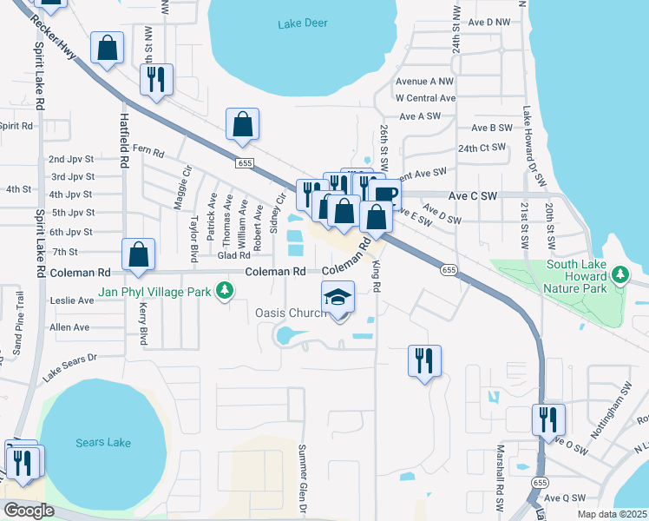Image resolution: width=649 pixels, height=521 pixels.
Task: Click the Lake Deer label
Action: tap(303, 23)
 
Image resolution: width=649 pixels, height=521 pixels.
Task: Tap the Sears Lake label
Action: tap(103, 443)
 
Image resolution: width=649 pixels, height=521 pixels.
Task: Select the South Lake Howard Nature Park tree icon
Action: tap(619, 275)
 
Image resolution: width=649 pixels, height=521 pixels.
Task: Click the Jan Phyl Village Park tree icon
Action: tap(225, 292)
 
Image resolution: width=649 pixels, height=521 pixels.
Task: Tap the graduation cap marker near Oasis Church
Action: tap(338, 297)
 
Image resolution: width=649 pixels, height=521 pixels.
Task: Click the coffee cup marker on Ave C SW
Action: tap(383, 195)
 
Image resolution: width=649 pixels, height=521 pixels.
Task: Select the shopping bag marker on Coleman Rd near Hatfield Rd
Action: tap(139, 254)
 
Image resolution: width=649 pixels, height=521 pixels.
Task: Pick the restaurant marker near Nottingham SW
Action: tap(548, 419)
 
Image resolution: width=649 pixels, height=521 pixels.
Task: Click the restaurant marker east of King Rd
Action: tap(424, 360)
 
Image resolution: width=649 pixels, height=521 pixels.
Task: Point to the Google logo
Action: tap(28, 511)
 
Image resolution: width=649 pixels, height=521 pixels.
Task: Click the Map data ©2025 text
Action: tap(612, 514)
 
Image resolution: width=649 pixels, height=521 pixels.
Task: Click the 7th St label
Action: tap(64, 251)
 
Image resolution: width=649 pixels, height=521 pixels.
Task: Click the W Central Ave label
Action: tap(425, 98)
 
